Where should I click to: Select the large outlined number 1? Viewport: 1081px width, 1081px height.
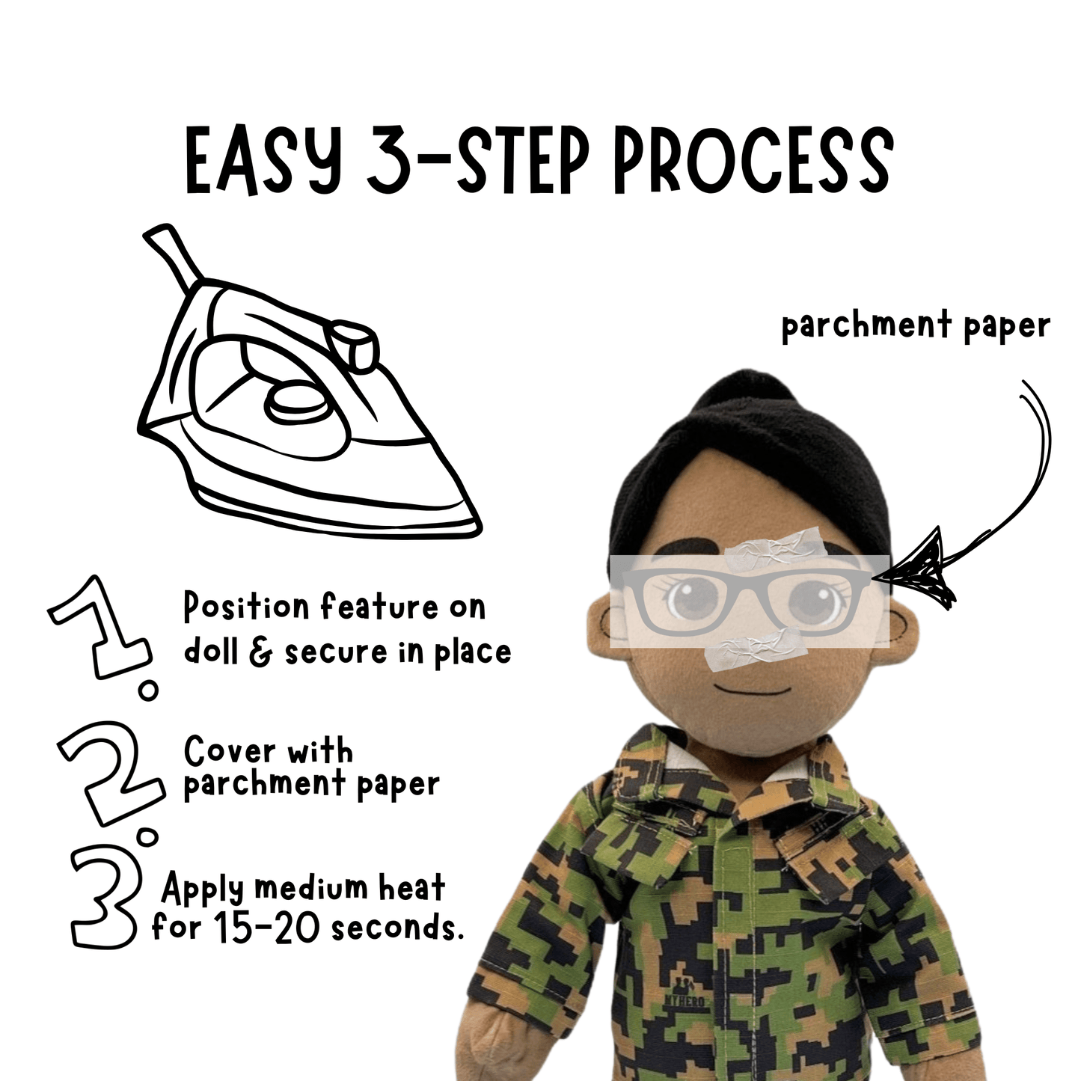tap(101, 628)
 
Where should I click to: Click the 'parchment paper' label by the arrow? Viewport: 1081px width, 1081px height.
tap(916, 327)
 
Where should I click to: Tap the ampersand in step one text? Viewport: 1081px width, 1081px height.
tap(261, 652)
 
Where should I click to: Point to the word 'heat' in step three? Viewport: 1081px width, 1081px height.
tap(411, 888)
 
